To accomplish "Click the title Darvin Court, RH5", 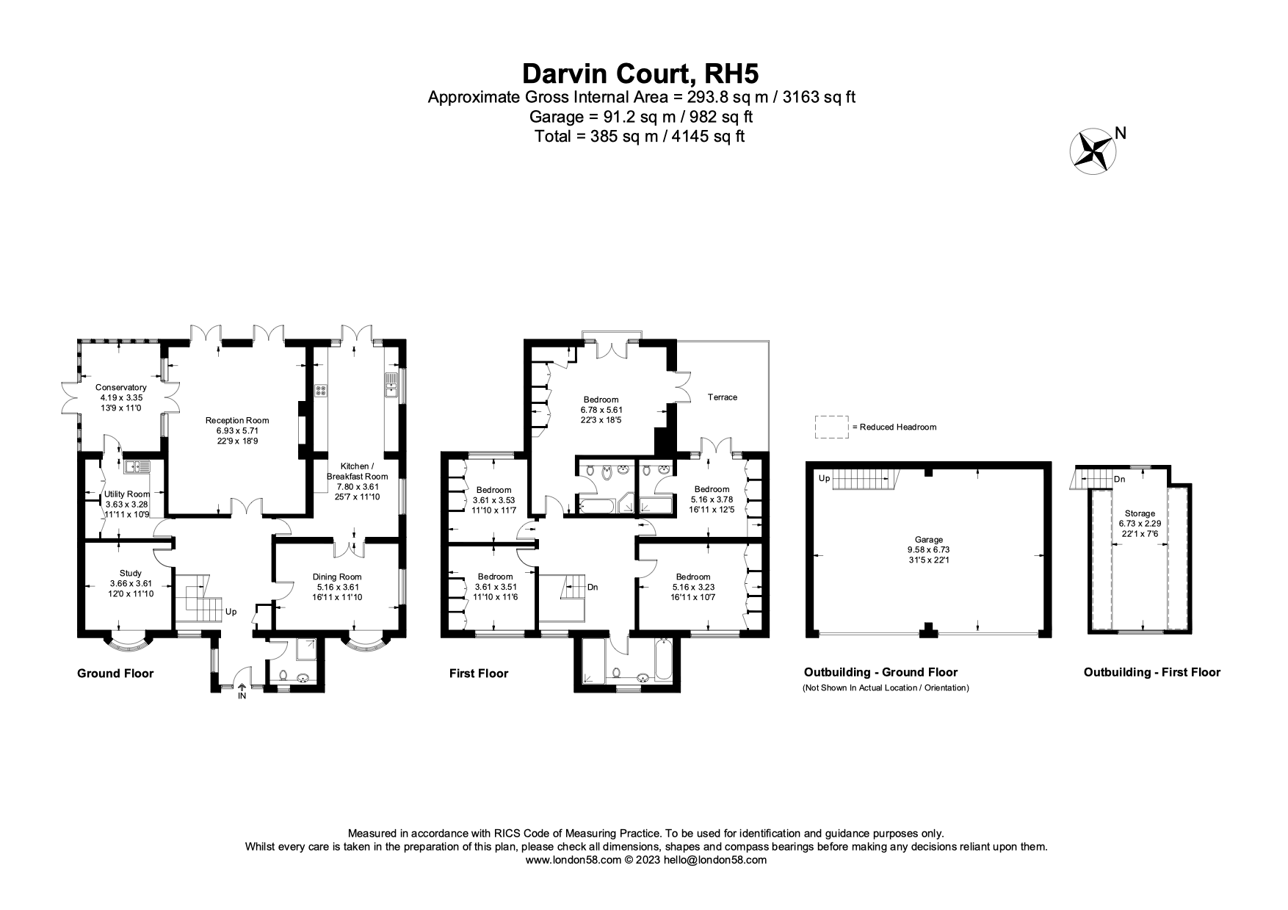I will coord(640,73).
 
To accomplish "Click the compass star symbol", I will coord(1093,151).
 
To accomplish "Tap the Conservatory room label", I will coord(121,397).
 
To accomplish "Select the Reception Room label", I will coord(237,430).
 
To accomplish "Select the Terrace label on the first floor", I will coord(722,397).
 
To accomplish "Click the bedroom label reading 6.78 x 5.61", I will coord(601,410).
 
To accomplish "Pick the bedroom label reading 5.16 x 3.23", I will coord(693,587).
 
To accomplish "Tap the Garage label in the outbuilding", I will coord(928,549).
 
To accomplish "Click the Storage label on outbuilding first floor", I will coord(1137,523).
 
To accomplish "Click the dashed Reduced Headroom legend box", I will coord(831,427).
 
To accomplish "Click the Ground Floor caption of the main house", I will coord(115,673).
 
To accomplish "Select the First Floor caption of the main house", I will coord(478,673).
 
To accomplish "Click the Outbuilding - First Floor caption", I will coord(1151,671).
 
